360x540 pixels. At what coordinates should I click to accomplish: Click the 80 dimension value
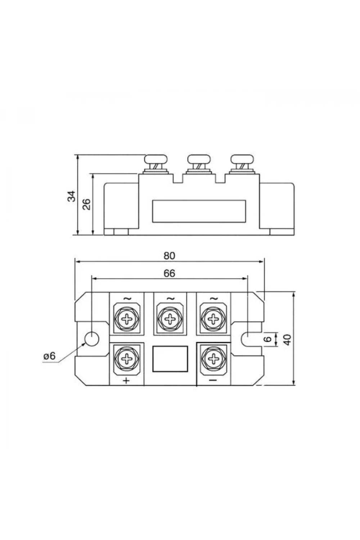click(x=169, y=256)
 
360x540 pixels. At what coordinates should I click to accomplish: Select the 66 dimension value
click(x=169, y=273)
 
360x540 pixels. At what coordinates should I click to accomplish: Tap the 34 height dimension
click(x=72, y=196)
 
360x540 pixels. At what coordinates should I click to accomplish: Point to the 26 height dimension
click(x=86, y=204)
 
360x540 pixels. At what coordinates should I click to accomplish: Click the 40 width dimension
click(x=288, y=340)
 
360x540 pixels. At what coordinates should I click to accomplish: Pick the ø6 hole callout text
click(x=49, y=356)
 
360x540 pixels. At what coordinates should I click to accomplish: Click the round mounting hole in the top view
click(x=92, y=339)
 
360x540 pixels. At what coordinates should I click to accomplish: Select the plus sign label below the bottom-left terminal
click(x=126, y=381)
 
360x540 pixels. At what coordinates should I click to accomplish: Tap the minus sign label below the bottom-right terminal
click(x=213, y=380)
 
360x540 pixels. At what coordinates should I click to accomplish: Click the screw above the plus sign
click(x=127, y=359)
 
